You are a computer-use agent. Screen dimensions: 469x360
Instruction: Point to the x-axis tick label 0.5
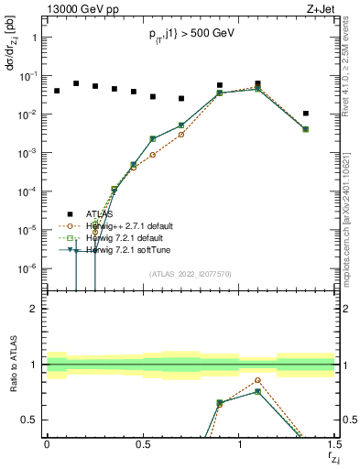[142, 444]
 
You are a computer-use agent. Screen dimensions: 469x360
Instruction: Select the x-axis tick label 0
[46, 444]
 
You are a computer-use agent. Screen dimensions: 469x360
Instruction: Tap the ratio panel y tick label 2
[32, 310]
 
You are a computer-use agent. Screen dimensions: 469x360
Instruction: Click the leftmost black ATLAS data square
[56, 91]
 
